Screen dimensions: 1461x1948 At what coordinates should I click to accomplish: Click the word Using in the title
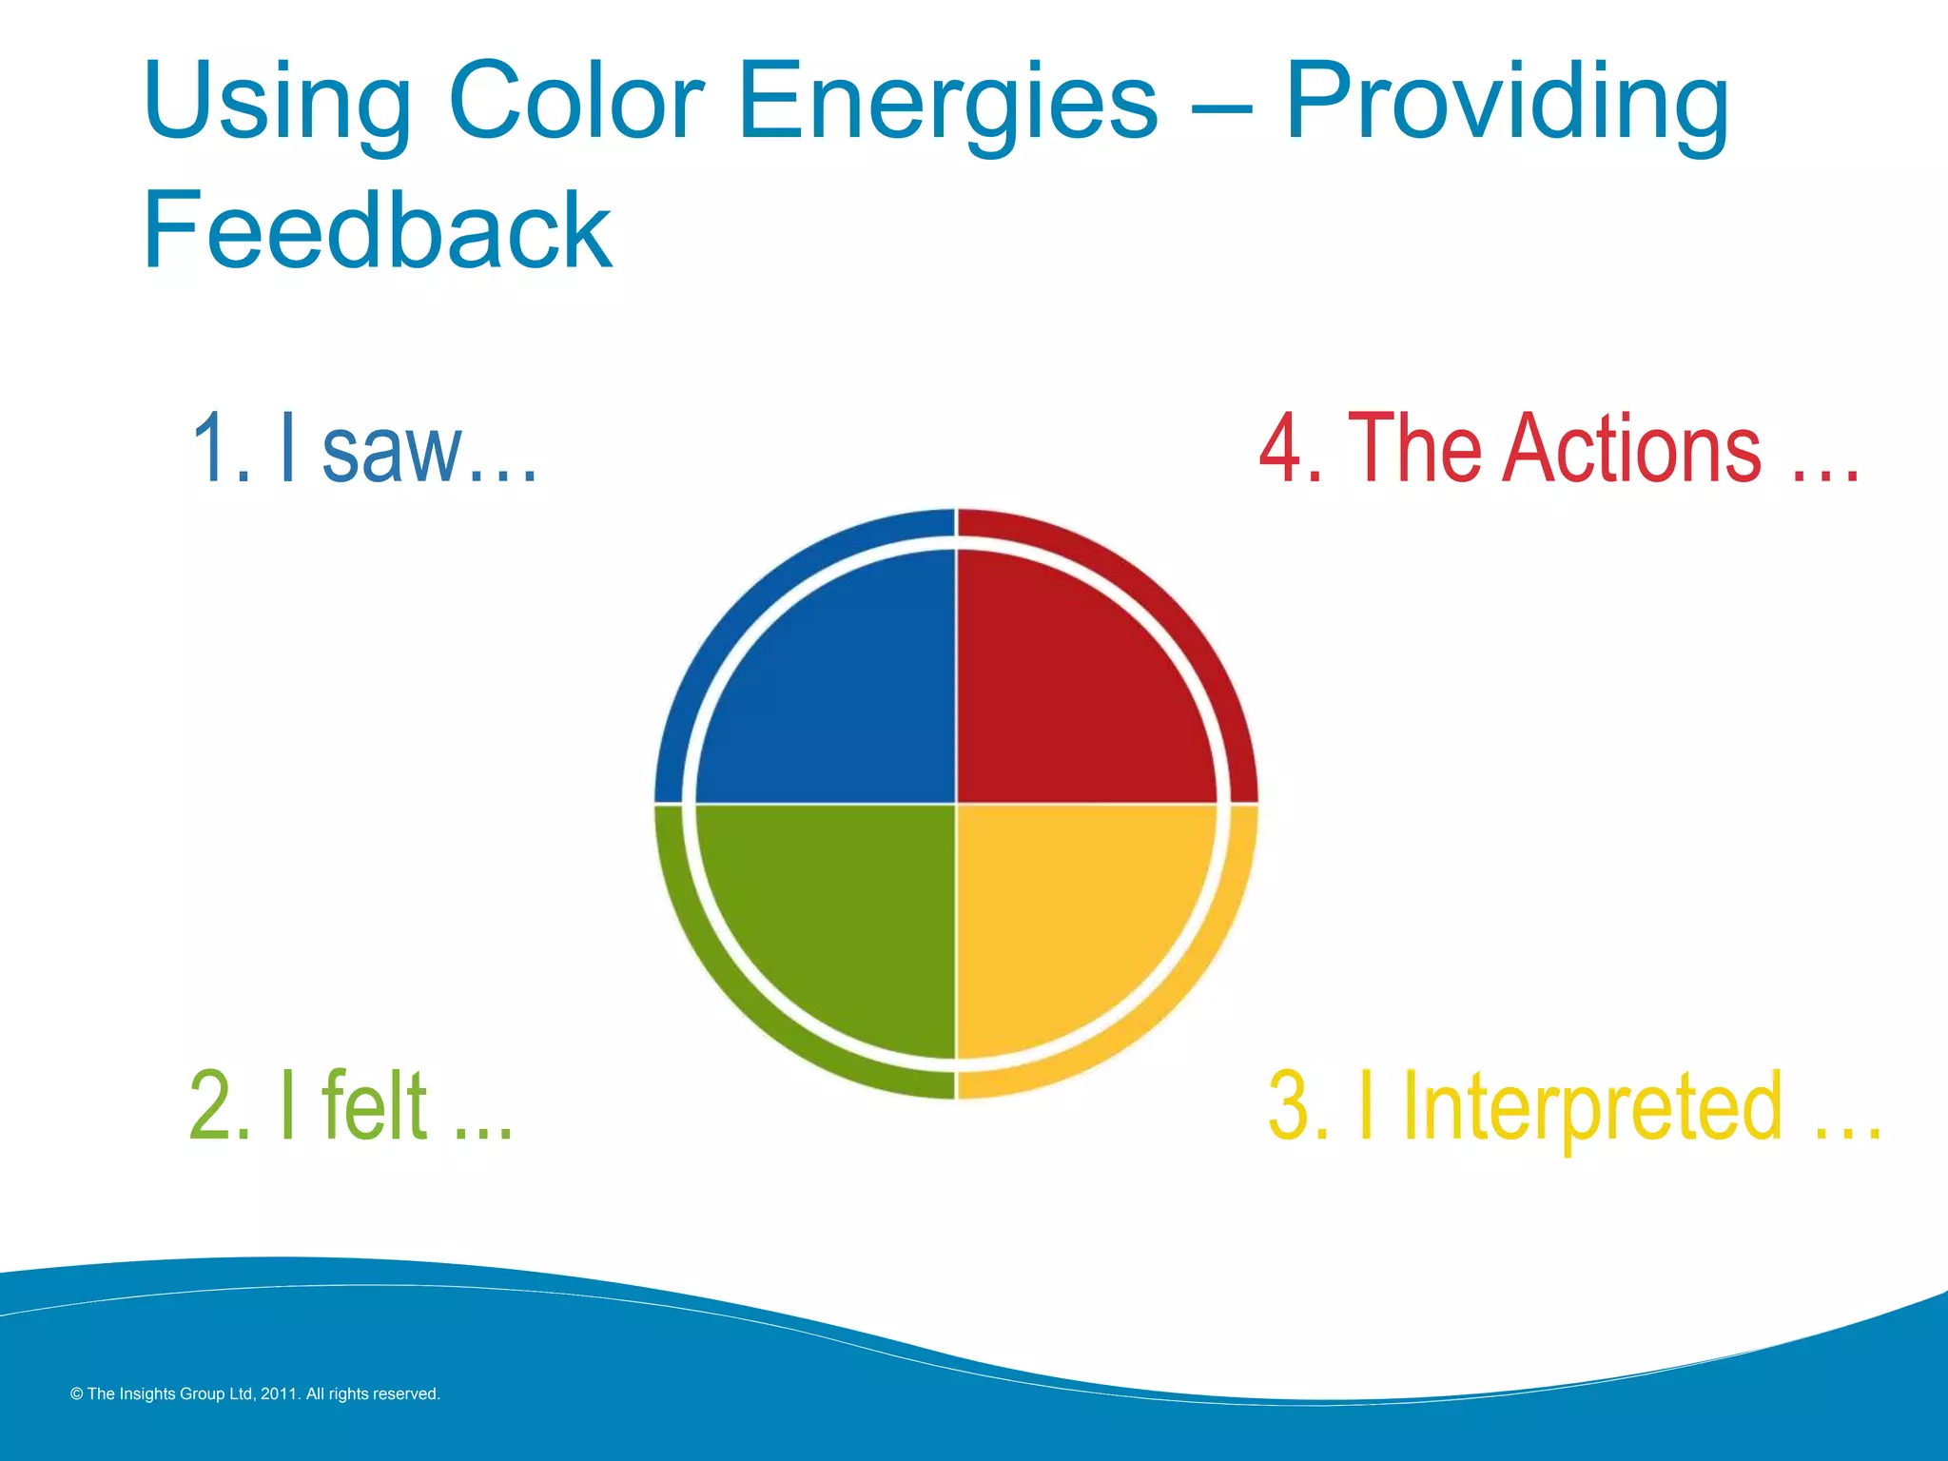tap(276, 103)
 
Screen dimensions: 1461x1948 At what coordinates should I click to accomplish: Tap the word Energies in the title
tap(946, 103)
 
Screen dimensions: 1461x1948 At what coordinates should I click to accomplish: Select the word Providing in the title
tap(1507, 103)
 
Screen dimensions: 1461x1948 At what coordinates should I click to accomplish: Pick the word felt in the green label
tap(375, 1105)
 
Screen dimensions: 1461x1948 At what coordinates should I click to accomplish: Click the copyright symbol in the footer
tap(77, 1394)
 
